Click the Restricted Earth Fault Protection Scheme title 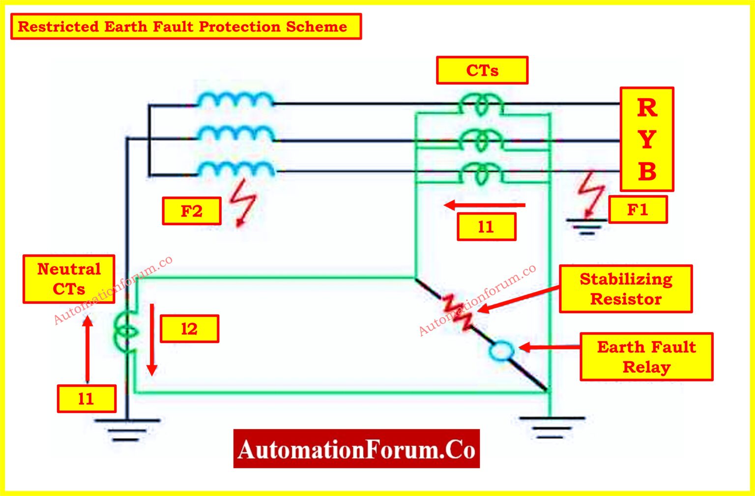(186, 27)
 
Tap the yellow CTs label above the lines (482, 70)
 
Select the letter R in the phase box (647, 108)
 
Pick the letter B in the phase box (647, 172)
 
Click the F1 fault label (638, 210)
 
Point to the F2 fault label (191, 211)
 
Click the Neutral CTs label (69, 279)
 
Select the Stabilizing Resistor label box (625, 289)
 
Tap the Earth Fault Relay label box (646, 357)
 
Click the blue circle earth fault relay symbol (501, 351)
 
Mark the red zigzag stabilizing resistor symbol (458, 312)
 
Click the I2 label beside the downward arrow (189, 328)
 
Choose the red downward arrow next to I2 (152, 339)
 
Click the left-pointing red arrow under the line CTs (484, 205)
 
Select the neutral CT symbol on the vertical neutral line (126, 332)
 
